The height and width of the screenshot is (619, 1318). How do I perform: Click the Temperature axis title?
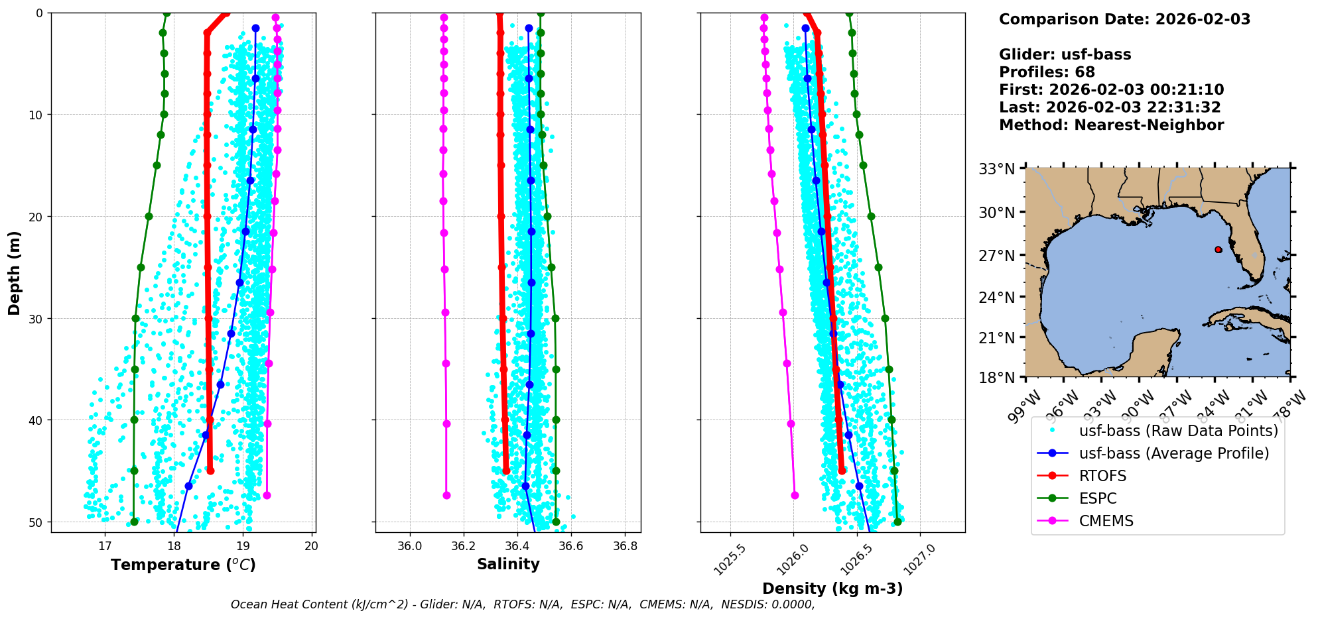(183, 565)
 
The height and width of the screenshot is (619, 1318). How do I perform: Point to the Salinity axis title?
(508, 564)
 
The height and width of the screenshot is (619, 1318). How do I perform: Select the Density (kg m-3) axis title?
(832, 589)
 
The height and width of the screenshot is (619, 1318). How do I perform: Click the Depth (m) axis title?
(15, 273)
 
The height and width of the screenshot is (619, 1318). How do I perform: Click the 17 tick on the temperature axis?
(105, 546)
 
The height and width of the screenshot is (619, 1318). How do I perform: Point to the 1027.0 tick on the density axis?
(918, 558)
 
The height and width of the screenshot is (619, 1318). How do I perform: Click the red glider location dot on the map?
(1218, 249)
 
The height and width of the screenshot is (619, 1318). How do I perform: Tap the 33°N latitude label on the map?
(997, 170)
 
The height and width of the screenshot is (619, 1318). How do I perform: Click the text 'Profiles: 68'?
(1047, 72)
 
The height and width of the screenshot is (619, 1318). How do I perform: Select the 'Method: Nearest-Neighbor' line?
(1111, 125)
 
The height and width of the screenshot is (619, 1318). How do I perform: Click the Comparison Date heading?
(1124, 19)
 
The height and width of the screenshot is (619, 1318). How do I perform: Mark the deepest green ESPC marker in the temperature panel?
(134, 522)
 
